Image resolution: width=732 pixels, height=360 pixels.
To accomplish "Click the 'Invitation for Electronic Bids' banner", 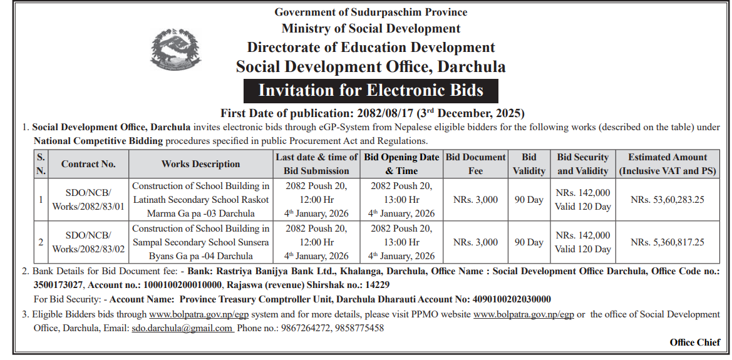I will (x=371, y=90).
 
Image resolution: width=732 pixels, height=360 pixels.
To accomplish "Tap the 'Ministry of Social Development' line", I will (x=371, y=28).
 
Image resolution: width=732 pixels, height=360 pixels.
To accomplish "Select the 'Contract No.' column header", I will (x=88, y=164).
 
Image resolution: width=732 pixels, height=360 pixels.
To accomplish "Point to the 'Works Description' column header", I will (x=200, y=164).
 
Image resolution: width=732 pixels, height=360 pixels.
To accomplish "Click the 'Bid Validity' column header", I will (x=528, y=164).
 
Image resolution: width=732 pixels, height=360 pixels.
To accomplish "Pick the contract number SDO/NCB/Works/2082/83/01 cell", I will (x=88, y=199).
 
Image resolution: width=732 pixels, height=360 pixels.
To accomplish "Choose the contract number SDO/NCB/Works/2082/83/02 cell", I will (x=88, y=242).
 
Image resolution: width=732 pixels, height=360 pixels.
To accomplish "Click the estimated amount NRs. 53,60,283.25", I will (x=668, y=199).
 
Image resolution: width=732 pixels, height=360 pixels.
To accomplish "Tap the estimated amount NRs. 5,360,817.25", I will (x=668, y=242).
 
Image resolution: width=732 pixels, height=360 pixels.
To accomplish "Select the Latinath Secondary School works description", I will (x=200, y=199).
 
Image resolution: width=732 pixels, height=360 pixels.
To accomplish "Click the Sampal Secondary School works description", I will (x=200, y=242).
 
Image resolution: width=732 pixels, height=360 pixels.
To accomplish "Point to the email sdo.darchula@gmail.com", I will (x=182, y=327).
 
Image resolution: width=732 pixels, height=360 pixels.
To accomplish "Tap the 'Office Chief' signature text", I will (x=694, y=342).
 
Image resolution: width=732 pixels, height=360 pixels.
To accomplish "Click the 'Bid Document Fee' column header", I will (x=475, y=164).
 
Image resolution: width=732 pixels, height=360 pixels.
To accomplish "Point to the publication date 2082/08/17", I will (x=368, y=113).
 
